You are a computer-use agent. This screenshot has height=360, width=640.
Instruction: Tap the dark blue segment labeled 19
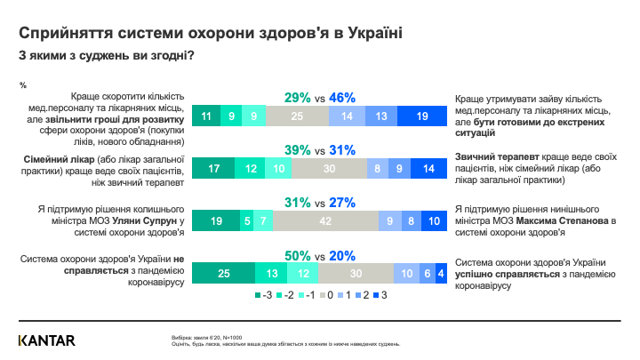point(420,116)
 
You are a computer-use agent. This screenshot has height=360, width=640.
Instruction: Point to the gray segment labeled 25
point(297,116)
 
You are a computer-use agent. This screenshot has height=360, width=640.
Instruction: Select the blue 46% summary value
point(342,97)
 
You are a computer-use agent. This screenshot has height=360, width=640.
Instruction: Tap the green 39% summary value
point(298,149)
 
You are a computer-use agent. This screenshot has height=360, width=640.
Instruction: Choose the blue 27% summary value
point(343,202)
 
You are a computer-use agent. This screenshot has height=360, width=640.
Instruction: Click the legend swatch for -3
point(259,295)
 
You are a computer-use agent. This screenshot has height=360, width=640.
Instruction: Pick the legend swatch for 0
point(325,295)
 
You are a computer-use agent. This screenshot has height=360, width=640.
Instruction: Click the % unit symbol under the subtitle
point(22,84)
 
